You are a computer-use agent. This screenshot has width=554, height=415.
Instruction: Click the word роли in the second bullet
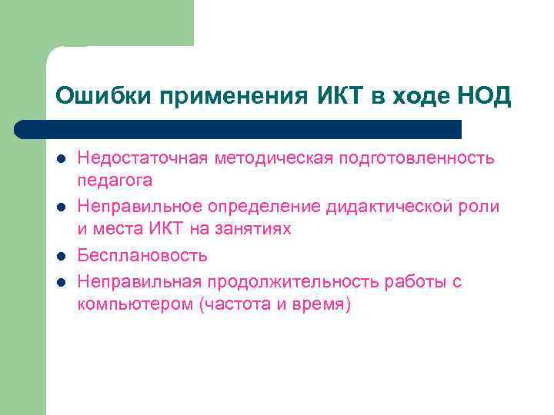pos(482,207)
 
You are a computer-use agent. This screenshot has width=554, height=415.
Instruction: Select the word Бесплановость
pos(142,255)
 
